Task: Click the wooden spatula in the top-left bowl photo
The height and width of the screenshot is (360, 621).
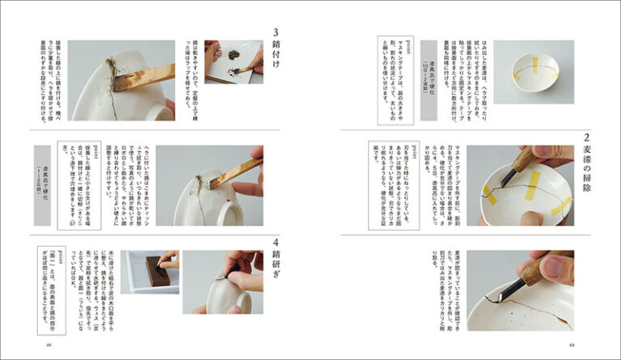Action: click(146, 77)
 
